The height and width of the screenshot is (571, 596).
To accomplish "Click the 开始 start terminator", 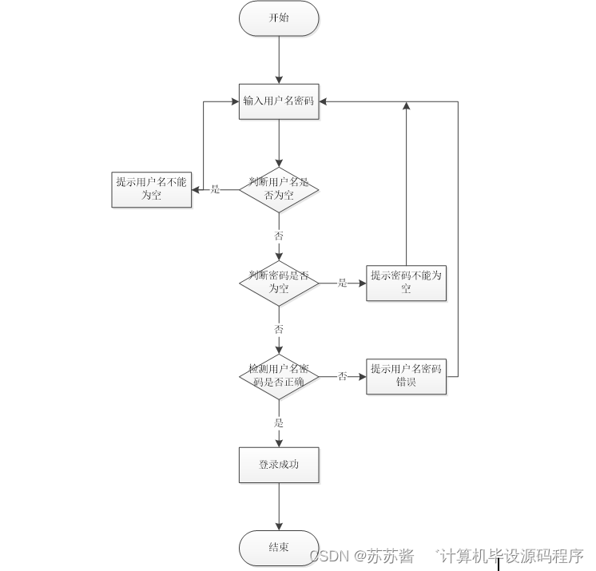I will coord(279,18).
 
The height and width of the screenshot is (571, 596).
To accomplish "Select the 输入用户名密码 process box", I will coord(279,101).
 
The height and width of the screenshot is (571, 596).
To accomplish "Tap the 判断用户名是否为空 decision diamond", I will coord(279,189).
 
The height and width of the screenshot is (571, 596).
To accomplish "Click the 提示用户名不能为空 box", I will coord(151,189).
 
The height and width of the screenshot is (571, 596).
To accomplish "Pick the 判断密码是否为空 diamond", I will coord(279,282).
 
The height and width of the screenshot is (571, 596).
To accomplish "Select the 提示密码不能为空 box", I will coord(406,282).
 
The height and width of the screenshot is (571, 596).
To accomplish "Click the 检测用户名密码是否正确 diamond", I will coord(279,376).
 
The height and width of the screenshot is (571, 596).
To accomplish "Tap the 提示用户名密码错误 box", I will coord(406,376).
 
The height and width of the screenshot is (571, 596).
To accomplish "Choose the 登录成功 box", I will coord(279,465).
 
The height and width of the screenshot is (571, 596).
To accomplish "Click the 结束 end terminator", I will coord(279,549).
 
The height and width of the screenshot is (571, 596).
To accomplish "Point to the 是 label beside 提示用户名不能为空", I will coord(215,189).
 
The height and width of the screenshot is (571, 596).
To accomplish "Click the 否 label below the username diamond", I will coord(279,236).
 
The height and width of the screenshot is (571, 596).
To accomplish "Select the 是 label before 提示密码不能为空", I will coord(342,282).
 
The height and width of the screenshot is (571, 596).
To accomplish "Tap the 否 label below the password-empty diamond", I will coord(279,329).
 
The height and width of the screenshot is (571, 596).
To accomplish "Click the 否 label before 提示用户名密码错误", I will coord(342,376).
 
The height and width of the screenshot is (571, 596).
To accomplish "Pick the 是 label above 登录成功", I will coord(279,422).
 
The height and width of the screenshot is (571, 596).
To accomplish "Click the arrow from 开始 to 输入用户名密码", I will coord(279,60).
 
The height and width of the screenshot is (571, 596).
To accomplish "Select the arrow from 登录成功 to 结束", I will coord(279,507).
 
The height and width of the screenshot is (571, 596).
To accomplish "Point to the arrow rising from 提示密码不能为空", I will coord(406,184).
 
